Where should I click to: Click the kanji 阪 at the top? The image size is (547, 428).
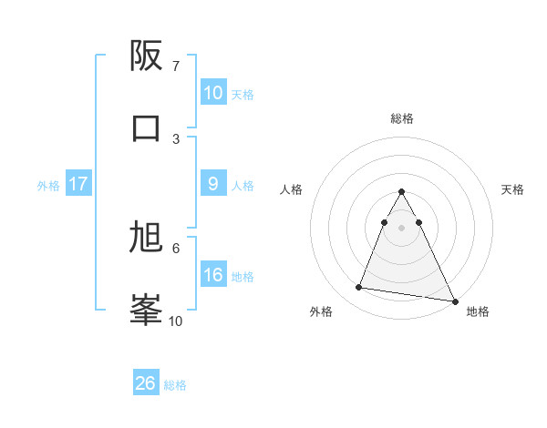[146, 57]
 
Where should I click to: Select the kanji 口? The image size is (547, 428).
[146, 127]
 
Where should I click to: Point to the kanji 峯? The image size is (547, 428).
[146, 310]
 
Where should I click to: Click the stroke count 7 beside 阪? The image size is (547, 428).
[176, 66]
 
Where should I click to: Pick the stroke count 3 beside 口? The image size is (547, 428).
[176, 138]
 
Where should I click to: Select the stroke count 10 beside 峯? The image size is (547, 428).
[176, 321]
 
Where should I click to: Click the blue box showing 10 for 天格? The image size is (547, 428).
[212, 93]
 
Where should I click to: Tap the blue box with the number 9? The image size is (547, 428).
[212, 184]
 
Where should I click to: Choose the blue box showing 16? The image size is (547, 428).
[212, 275]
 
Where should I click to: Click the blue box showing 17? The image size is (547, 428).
[78, 184]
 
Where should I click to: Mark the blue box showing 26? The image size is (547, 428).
[146, 383]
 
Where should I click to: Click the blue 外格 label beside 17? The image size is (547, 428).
[48, 186]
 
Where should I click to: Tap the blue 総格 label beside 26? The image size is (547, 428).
[175, 385]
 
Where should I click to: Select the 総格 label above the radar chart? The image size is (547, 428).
[401, 118]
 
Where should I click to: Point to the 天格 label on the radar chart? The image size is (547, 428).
[512, 189]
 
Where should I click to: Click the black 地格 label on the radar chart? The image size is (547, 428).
[478, 311]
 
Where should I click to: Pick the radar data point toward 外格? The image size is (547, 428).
[358, 288]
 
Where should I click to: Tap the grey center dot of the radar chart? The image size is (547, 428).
[401, 227]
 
